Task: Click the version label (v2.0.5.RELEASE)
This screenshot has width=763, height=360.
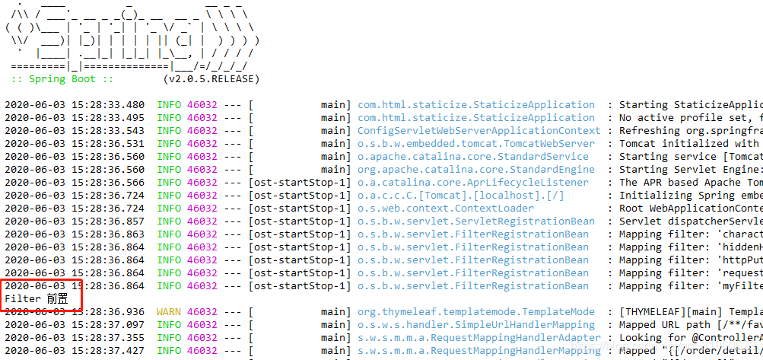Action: click(211, 79)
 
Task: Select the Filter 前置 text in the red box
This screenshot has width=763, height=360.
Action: click(37, 299)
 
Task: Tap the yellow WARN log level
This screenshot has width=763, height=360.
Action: click(169, 312)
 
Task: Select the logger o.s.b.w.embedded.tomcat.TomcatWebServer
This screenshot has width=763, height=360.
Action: click(476, 144)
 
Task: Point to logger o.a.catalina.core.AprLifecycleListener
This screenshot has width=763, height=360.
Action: click(473, 183)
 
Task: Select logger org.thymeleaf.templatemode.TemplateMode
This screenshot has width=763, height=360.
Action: click(476, 312)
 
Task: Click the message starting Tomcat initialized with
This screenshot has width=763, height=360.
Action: click(689, 144)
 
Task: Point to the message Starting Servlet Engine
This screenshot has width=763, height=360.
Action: click(689, 170)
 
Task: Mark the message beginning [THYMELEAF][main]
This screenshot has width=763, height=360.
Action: click(689, 312)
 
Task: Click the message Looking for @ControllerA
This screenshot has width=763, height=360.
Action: click(689, 338)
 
